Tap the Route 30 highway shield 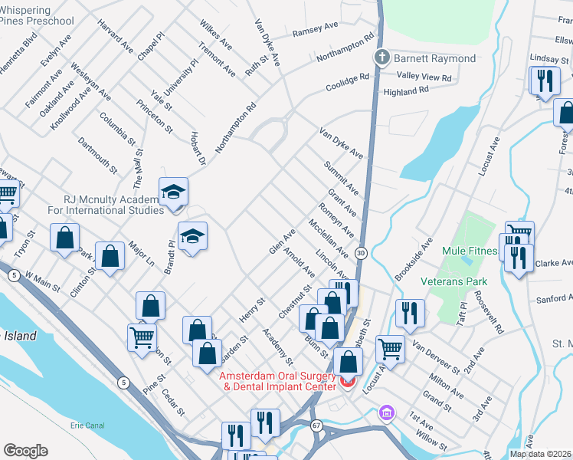pyautogui.click(x=361, y=251)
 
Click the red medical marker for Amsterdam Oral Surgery pyautogui.click(x=347, y=380)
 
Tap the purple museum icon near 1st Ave pyautogui.click(x=387, y=414)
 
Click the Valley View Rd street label pyautogui.click(x=424, y=77)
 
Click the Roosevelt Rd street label pyautogui.click(x=488, y=312)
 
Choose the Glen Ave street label pyautogui.click(x=282, y=242)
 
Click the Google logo pyautogui.click(x=25, y=451)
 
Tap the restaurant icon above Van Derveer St pyautogui.click(x=409, y=312)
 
